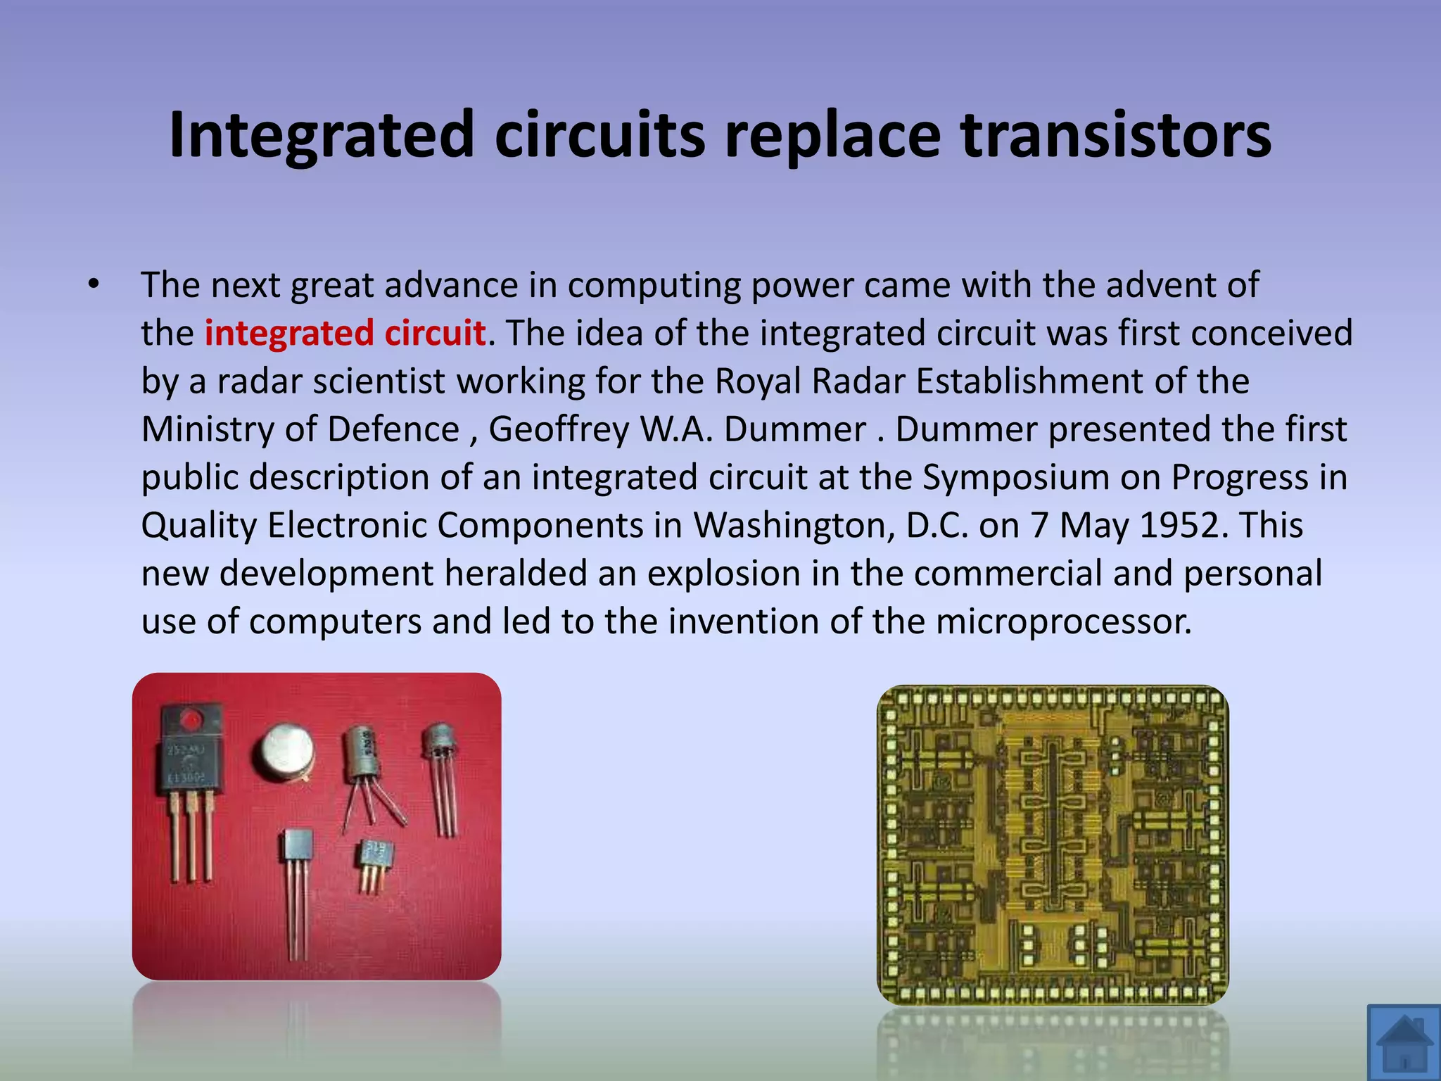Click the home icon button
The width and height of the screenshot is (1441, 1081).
click(1404, 1043)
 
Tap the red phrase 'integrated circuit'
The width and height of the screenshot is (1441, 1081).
click(345, 333)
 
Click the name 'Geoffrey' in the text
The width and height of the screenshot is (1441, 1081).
click(558, 429)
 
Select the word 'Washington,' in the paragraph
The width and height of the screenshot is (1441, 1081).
click(794, 525)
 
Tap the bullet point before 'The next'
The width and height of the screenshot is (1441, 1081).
click(94, 285)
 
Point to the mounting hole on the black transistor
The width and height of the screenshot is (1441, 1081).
click(190, 719)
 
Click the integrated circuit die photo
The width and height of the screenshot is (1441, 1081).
click(1053, 845)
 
